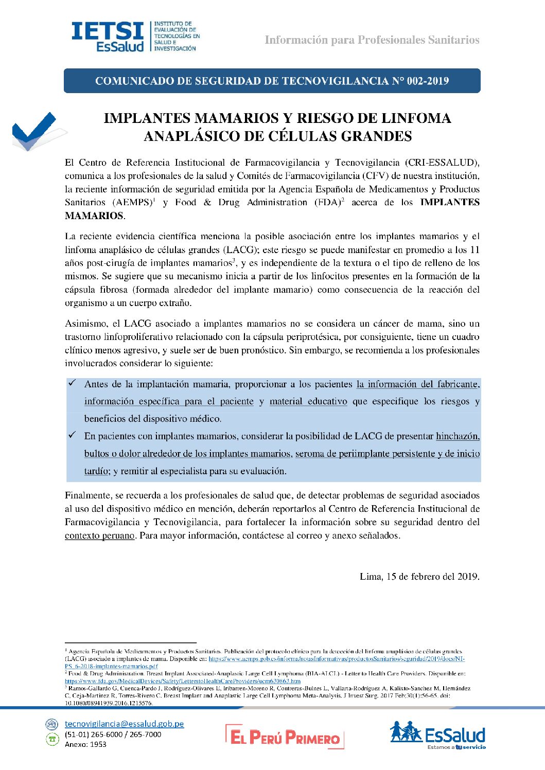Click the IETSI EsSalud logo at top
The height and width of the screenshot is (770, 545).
(x=135, y=36)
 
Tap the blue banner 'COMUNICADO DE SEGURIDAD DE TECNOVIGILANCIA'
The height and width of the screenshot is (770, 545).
(x=272, y=81)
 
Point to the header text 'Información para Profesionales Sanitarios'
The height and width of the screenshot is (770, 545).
(x=372, y=40)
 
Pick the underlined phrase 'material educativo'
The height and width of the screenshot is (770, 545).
(x=308, y=402)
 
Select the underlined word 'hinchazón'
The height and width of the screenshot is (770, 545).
(x=457, y=437)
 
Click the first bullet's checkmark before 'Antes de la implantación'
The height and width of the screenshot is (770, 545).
(x=72, y=383)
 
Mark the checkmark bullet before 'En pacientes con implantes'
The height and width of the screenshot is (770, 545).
(x=72, y=435)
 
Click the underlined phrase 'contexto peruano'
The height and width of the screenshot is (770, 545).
(x=100, y=535)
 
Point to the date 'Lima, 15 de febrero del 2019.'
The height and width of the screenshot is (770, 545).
(x=419, y=577)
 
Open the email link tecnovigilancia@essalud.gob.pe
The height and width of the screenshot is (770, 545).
(x=124, y=724)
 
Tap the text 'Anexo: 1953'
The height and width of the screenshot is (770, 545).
(x=85, y=744)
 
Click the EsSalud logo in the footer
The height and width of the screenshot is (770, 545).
(x=437, y=734)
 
